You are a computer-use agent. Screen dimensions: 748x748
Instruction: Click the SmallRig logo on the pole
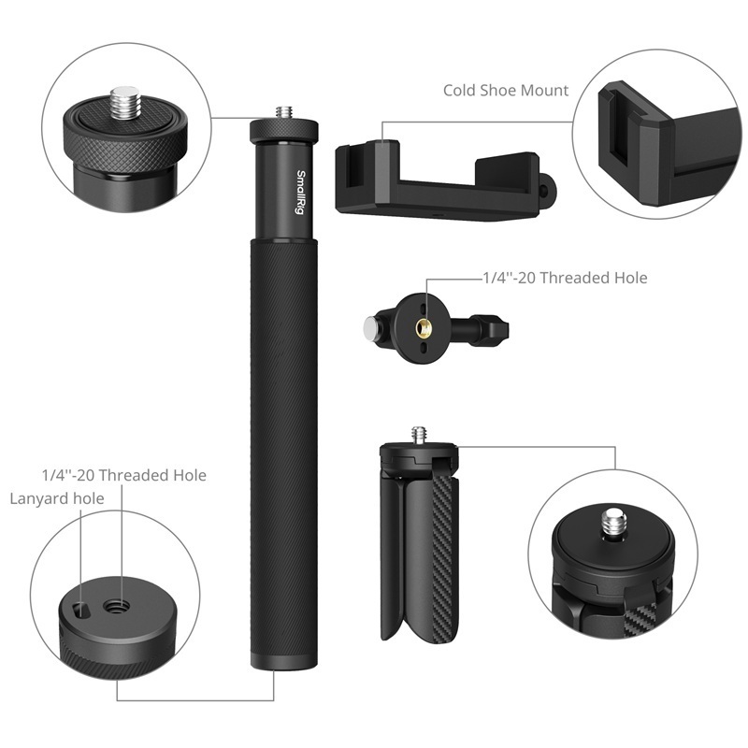coord(302,191)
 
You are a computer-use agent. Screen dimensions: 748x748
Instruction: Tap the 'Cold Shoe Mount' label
coord(506,91)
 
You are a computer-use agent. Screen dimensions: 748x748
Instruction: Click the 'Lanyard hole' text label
coord(57,498)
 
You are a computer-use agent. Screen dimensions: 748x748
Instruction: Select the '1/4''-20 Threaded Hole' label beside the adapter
coord(564,278)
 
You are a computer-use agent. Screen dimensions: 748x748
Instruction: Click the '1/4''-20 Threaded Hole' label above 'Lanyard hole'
coord(123,475)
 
